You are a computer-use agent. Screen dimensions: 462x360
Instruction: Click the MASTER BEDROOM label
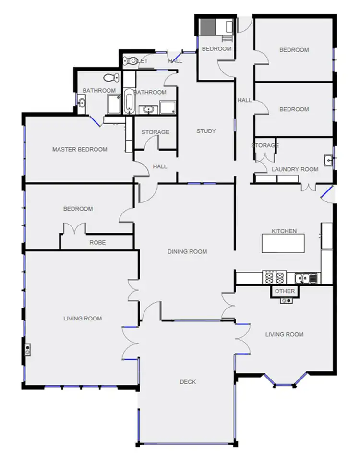click(80, 149)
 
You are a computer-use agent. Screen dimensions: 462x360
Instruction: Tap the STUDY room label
click(206, 131)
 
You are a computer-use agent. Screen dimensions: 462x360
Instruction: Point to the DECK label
click(188, 382)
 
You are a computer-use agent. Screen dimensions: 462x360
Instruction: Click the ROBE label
click(97, 243)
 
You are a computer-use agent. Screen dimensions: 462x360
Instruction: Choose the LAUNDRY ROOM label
click(288, 169)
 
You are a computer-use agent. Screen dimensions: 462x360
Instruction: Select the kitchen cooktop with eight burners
click(275, 277)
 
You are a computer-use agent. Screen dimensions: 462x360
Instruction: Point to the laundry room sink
click(328, 160)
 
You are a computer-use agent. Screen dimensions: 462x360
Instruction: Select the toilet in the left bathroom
click(112, 78)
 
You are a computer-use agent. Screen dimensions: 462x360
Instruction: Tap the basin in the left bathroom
click(81, 102)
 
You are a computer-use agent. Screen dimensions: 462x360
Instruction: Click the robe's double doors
click(74, 229)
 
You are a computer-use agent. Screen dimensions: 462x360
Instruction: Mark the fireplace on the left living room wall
click(28, 349)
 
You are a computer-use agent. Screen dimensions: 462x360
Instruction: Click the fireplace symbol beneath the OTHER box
click(287, 300)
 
